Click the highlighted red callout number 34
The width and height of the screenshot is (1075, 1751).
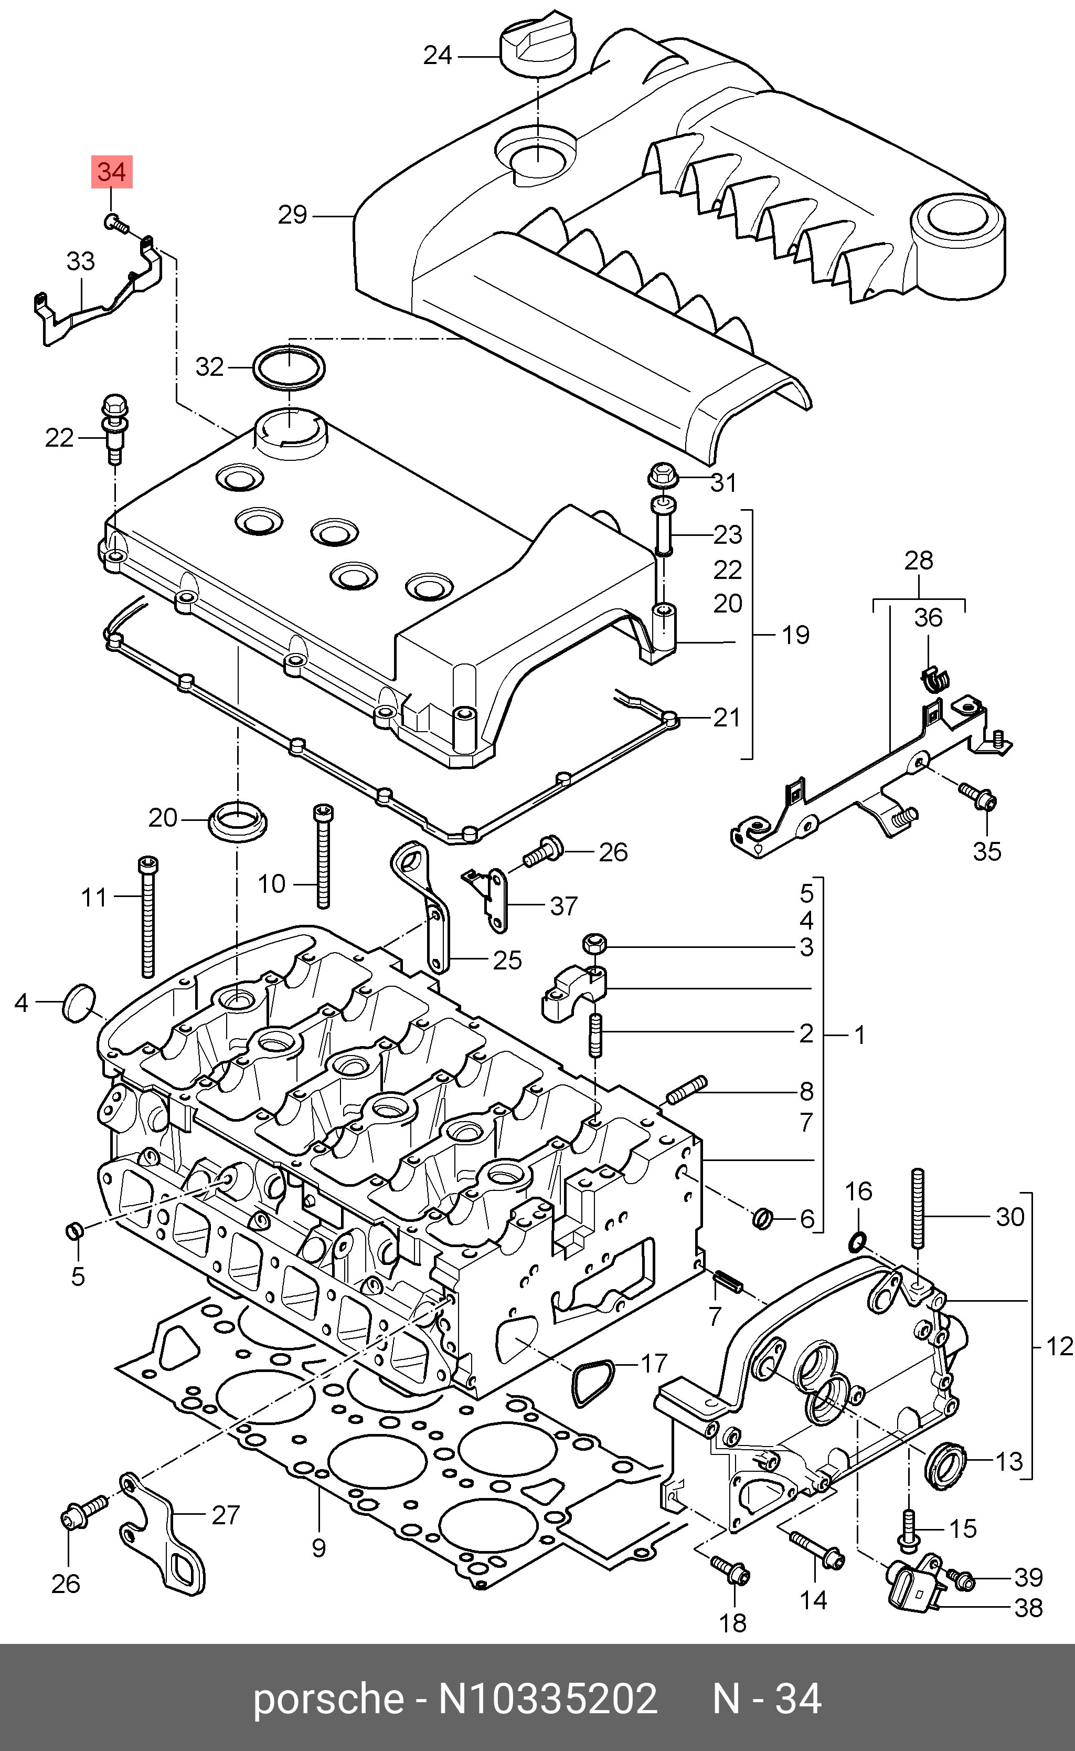(x=112, y=172)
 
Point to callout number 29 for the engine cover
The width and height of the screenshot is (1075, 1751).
(x=292, y=215)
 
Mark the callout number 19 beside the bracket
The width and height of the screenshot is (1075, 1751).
(x=795, y=635)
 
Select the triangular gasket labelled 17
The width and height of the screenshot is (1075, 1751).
(x=589, y=1383)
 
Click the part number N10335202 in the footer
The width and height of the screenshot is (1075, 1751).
(x=547, y=1699)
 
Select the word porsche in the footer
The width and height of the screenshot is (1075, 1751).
(x=328, y=1699)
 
